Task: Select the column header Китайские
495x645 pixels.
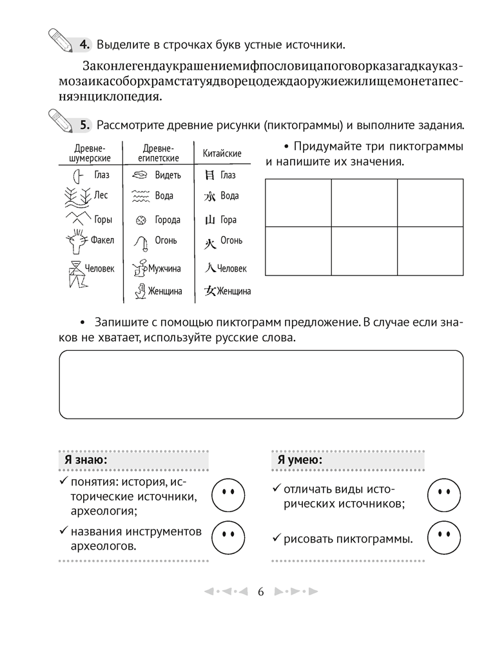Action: pyautogui.click(x=222, y=154)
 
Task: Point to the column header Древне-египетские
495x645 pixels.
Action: pyautogui.click(x=158, y=154)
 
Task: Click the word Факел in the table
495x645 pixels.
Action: pyautogui.click(x=102, y=241)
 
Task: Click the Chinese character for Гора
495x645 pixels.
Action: pyautogui.click(x=209, y=220)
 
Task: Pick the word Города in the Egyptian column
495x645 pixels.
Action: pyautogui.click(x=168, y=220)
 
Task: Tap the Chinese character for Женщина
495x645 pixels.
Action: pyautogui.click(x=209, y=291)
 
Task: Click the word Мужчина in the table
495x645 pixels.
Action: pyautogui.click(x=164, y=268)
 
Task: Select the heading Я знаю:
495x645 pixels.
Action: pyautogui.click(x=86, y=459)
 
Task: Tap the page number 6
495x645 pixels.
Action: pyautogui.click(x=261, y=591)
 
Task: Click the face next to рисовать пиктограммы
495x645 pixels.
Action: pyautogui.click(x=443, y=535)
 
